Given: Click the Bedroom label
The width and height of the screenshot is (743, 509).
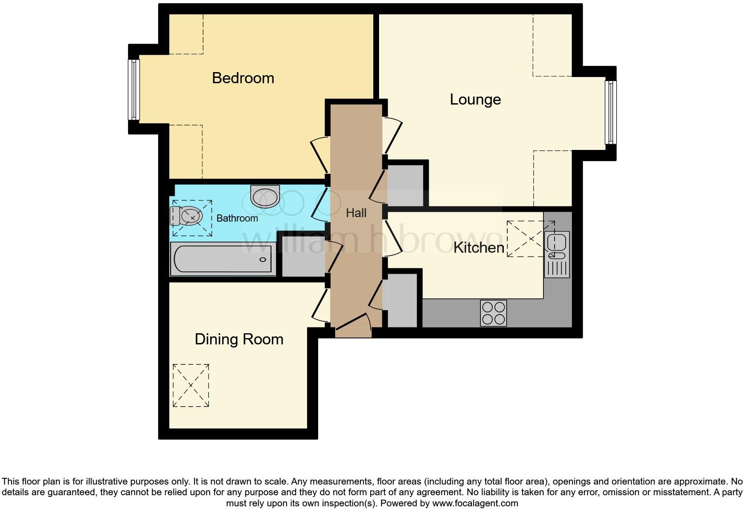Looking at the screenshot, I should [x=243, y=78].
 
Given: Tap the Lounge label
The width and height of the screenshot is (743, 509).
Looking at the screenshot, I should [x=475, y=99].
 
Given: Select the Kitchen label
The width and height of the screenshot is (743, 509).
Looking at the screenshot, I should [x=479, y=247].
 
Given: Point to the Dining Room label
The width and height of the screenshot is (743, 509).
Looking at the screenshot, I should [x=239, y=339].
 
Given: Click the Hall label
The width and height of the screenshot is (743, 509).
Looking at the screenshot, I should [x=356, y=213].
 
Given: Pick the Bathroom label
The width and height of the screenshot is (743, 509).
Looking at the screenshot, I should [x=237, y=218].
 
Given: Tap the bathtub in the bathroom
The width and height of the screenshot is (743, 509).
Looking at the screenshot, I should [x=222, y=259].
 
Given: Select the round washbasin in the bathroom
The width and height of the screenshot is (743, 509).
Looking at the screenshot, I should [x=265, y=196].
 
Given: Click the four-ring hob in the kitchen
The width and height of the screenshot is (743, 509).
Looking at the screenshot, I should [x=493, y=313].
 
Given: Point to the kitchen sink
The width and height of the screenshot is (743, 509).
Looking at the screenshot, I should [x=556, y=245].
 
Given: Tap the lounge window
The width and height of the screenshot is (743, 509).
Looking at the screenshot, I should [x=611, y=112].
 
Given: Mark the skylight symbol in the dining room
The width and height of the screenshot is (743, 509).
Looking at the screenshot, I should [x=191, y=385].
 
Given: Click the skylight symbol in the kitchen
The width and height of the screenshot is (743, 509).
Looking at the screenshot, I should [x=531, y=239].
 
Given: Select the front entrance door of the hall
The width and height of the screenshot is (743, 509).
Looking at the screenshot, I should [x=353, y=327].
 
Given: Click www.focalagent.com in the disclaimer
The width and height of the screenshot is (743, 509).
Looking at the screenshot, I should [x=475, y=503].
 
